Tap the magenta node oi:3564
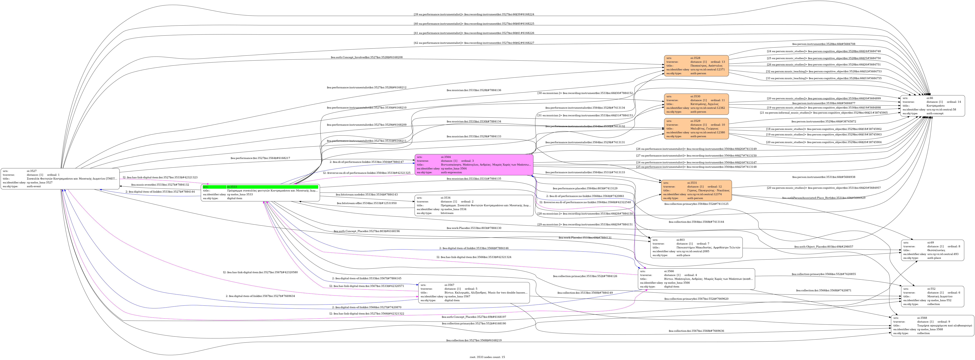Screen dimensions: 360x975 click(x=474, y=165)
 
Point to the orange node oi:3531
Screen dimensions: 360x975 click(x=696, y=190)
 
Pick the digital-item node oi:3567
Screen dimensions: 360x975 click(x=474, y=293)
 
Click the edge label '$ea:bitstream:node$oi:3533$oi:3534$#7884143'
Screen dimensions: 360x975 click(x=366, y=195)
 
